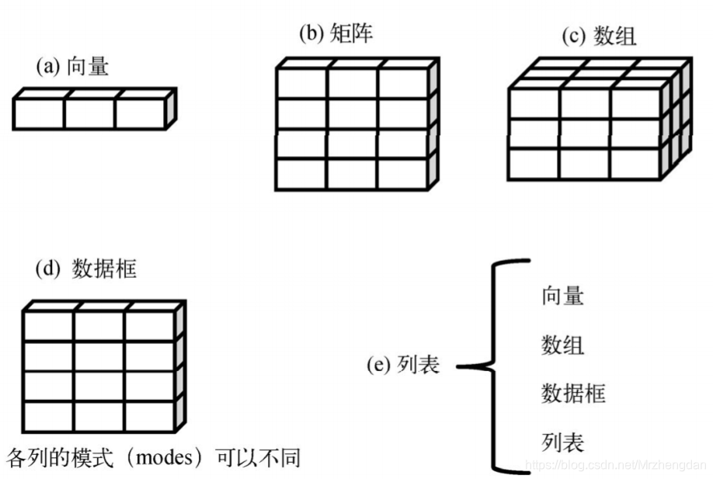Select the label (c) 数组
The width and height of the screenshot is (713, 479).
tap(600, 37)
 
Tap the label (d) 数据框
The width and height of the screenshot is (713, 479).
tap(86, 269)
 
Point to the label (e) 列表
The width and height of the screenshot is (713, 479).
tap(403, 365)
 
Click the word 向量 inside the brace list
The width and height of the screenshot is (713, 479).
tap(562, 296)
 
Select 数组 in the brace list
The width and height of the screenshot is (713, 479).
tap(562, 344)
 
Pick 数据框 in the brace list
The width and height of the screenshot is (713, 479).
tap(573, 394)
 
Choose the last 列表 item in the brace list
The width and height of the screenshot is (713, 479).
tap(562, 443)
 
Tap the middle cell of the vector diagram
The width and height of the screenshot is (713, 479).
tap(89, 113)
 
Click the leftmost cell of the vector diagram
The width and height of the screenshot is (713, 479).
tap(39, 113)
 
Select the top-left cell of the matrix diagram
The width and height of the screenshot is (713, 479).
tap(301, 83)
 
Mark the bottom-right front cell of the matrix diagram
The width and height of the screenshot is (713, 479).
tap(403, 174)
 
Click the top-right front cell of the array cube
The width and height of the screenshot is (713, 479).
tap(635, 103)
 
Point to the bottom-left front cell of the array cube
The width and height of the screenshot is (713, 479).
tap(533, 163)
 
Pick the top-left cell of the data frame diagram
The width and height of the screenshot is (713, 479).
tap(48, 326)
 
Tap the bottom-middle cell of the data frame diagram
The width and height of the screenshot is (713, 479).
tap(99, 417)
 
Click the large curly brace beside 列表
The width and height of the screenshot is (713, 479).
tap(497, 365)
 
